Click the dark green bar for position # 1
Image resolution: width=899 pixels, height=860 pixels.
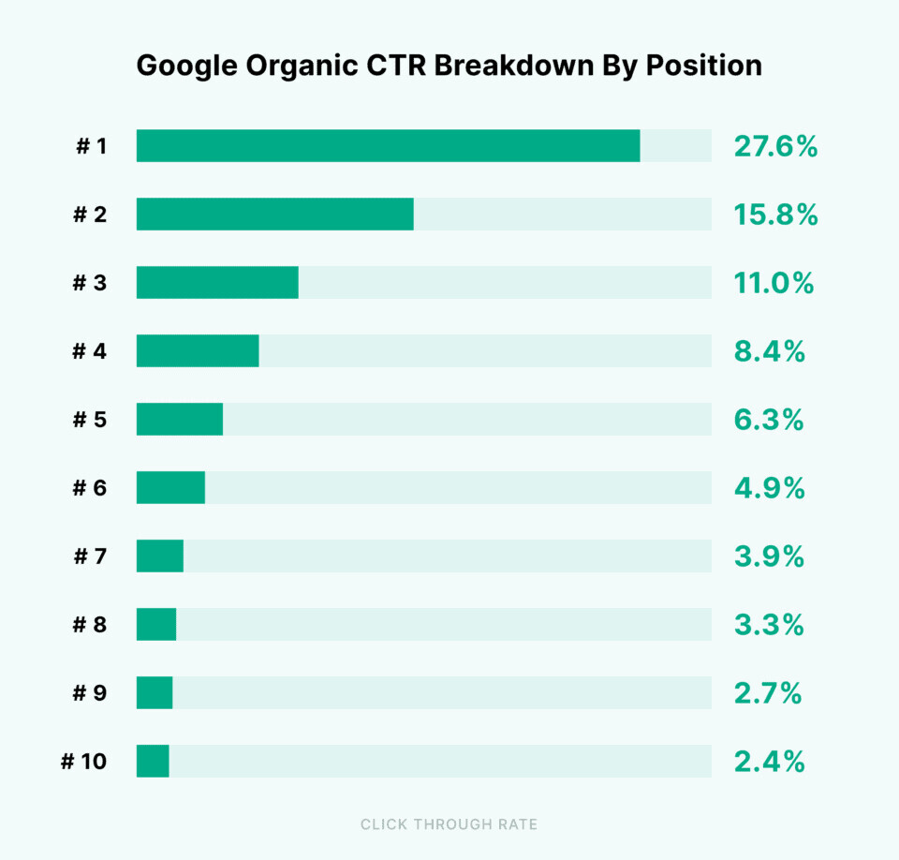click(x=388, y=146)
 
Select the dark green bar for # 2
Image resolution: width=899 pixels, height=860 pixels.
click(x=274, y=215)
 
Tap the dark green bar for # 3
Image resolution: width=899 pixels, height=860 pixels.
click(x=217, y=283)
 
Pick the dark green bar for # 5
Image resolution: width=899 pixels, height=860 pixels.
click(x=180, y=420)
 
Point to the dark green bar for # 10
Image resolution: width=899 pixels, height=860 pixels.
click(x=153, y=761)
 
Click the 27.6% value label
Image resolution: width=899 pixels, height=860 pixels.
click(x=775, y=146)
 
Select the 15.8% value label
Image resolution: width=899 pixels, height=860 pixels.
click(x=775, y=215)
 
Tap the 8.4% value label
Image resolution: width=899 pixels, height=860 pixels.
click(x=770, y=351)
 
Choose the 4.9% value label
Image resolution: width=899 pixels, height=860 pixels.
click(x=770, y=488)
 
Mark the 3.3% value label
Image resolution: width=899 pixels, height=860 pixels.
click(x=770, y=625)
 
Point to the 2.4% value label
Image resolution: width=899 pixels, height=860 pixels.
click(x=770, y=762)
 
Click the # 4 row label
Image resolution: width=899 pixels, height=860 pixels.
click(x=90, y=351)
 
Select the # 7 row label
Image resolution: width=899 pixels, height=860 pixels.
click(x=90, y=556)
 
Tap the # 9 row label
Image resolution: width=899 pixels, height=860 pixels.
click(x=90, y=693)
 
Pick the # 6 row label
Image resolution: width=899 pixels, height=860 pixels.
click(x=90, y=488)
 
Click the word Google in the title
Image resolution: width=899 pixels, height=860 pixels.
click(x=184, y=67)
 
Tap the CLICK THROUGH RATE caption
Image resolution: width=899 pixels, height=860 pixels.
click(x=449, y=824)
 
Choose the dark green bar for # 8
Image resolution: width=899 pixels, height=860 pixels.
click(x=156, y=625)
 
